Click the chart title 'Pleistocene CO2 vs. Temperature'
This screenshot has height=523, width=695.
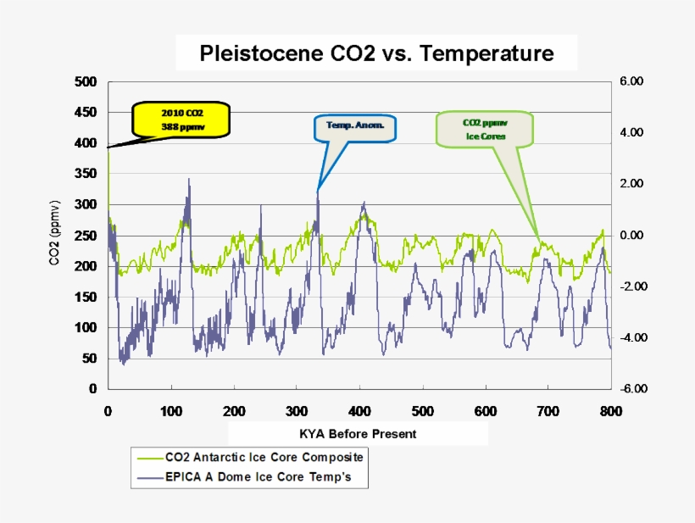(376, 54)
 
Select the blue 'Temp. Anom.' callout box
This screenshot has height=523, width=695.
(355, 127)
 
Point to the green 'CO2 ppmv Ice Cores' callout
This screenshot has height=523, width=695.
(485, 128)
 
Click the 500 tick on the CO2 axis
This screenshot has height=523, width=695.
(86, 82)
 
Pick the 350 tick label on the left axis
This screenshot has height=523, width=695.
(86, 174)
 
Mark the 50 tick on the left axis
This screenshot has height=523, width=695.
(89, 359)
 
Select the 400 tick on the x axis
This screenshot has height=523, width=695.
(359, 411)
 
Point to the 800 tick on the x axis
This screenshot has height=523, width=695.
(611, 411)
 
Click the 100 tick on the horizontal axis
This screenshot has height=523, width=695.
(171, 411)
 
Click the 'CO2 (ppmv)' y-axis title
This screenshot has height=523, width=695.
(55, 235)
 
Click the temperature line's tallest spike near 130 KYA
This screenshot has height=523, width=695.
(189, 180)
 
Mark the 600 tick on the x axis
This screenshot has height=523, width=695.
(486, 411)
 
